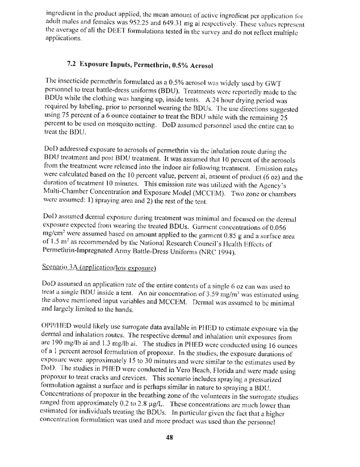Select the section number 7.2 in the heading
point(76,64)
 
